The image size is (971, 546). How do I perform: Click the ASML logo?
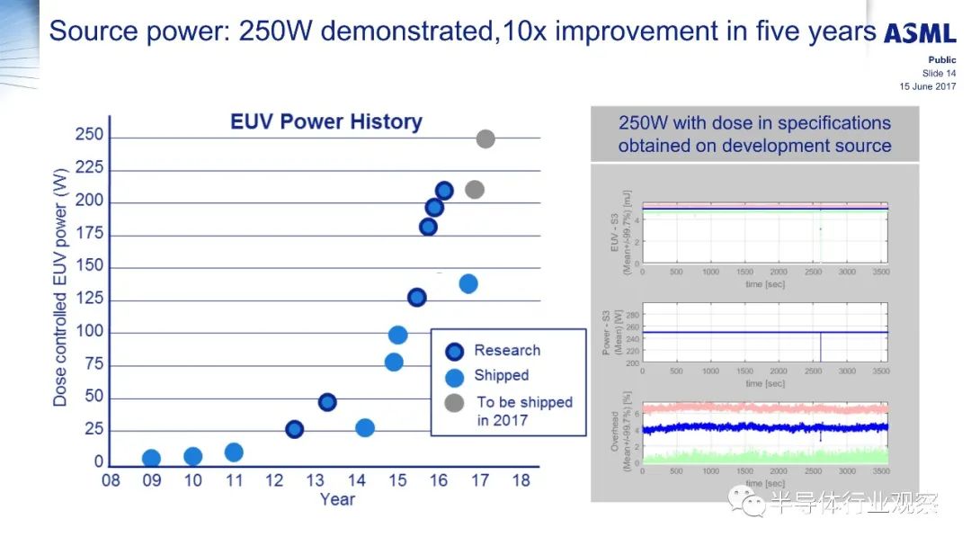(x=920, y=32)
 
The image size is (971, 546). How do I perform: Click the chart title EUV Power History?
(x=326, y=122)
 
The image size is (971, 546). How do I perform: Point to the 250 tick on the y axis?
(x=88, y=137)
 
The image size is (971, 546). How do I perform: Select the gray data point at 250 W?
(x=485, y=139)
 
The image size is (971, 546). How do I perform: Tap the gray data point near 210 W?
(x=475, y=190)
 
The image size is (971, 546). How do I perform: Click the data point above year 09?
(x=151, y=459)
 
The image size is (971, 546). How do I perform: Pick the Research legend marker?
(x=454, y=351)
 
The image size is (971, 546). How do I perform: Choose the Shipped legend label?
(x=501, y=375)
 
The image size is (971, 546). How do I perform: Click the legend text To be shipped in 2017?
(x=523, y=411)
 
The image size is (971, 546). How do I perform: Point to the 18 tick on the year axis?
(x=521, y=480)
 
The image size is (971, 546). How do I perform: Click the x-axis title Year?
(x=337, y=499)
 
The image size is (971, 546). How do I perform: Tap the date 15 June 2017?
(x=928, y=86)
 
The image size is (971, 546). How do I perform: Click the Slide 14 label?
(x=940, y=74)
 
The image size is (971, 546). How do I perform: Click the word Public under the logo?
(x=941, y=60)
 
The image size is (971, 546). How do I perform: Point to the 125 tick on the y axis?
(x=88, y=300)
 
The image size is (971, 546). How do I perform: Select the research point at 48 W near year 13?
(x=327, y=402)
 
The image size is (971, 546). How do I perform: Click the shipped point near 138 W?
(x=468, y=283)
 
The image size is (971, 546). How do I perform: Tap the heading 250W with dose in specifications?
(x=754, y=123)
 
